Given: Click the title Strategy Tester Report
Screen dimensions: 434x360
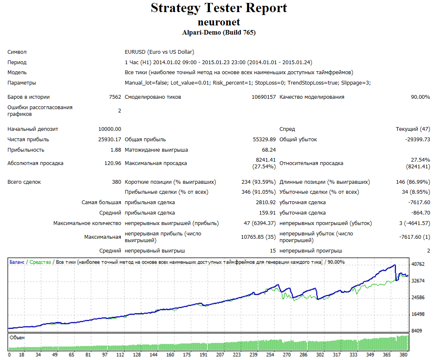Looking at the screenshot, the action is point(219,8).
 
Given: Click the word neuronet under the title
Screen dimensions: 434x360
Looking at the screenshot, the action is point(219,22).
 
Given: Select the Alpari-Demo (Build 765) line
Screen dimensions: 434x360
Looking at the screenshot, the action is point(219,32).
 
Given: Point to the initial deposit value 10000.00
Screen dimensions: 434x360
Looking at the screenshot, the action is point(110,129).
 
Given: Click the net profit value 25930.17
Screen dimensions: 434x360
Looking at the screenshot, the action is point(110,140).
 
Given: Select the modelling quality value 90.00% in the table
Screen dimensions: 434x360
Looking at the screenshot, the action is point(420,97).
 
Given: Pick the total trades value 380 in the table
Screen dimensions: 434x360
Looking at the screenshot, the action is point(117,182).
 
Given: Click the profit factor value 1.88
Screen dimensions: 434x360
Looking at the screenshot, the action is point(116,150).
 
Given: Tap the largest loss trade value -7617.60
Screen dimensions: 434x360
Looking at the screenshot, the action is point(419,202).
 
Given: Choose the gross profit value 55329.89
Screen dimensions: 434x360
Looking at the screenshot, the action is point(264,140).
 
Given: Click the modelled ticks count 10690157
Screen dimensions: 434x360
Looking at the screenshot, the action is point(264,97).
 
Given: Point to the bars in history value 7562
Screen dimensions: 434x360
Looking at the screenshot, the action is point(115,97).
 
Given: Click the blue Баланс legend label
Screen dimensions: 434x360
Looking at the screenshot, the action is point(17,262).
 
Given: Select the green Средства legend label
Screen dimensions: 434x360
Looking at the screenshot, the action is point(40,262).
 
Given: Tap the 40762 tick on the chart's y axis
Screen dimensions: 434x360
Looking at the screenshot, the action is point(418,264).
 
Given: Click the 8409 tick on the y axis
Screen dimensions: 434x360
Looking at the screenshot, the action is point(417,331).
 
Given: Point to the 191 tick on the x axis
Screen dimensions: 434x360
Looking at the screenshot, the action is point(203,355).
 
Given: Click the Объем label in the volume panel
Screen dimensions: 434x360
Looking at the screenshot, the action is point(17,337).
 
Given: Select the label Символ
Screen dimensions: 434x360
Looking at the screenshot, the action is point(17,52).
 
